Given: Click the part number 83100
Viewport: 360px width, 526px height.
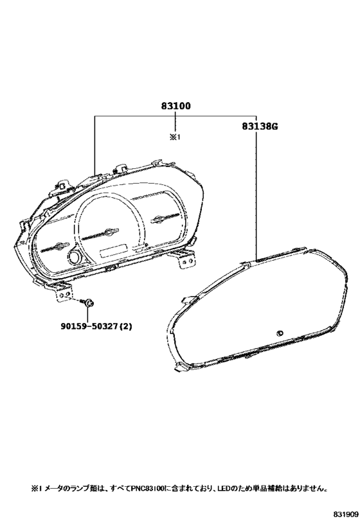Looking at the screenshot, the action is pyautogui.click(x=175, y=106).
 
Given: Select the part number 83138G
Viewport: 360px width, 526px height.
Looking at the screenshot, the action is pyautogui.click(x=259, y=127).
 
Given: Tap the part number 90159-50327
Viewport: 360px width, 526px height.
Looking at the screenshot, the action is pyautogui.click(x=88, y=326).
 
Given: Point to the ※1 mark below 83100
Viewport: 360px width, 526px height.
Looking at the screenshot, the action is pyautogui.click(x=175, y=137).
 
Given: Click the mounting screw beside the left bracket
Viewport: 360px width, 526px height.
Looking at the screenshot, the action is pyautogui.click(x=87, y=303).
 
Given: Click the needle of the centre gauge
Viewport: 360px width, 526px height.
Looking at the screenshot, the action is pyautogui.click(x=100, y=234).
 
